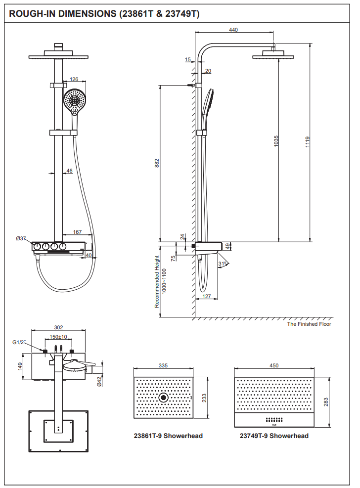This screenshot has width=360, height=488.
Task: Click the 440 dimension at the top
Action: point(233,30)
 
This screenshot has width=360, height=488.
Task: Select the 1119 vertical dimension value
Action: point(307,142)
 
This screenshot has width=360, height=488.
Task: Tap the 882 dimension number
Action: point(157,164)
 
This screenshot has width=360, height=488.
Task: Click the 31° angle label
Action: point(223,264)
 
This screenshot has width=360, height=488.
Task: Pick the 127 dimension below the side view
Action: point(207,297)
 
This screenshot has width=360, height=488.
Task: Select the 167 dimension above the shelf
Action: point(77,232)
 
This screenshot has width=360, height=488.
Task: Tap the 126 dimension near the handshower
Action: point(74,79)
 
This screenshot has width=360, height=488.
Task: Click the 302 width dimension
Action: point(58,327)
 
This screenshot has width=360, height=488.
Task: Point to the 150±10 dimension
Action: point(59,337)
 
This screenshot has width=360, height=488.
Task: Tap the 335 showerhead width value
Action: point(164,365)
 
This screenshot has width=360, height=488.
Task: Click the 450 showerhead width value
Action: point(274,365)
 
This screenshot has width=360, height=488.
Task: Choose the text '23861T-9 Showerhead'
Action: point(168,436)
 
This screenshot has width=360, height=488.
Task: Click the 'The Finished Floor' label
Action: point(309,324)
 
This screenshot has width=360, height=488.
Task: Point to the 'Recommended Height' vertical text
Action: point(157,282)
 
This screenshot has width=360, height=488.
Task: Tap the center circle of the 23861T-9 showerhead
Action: point(163,397)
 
